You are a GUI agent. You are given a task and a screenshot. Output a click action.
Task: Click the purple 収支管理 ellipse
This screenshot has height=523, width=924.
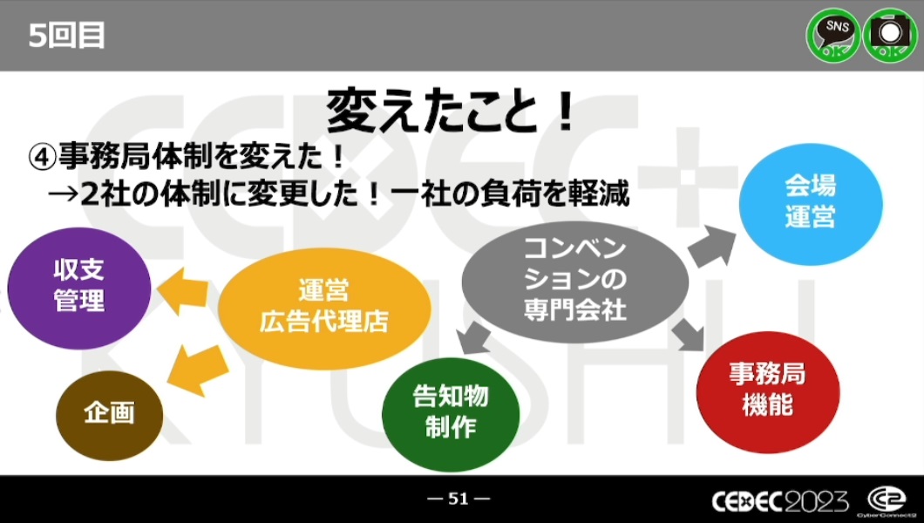click(79, 288)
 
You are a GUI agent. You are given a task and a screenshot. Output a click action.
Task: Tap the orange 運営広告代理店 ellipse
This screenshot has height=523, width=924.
click(324, 308)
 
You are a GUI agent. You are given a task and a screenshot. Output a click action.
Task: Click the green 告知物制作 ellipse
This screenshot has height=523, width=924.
click(451, 414)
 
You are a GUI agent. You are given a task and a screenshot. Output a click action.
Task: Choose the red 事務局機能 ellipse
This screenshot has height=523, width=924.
click(768, 391)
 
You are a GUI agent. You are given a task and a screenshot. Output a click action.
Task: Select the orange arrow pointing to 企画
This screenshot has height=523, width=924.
click(197, 370)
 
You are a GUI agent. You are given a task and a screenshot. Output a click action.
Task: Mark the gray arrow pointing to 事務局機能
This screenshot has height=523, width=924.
click(689, 335)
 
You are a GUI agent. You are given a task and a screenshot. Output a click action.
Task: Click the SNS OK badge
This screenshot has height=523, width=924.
click(832, 35)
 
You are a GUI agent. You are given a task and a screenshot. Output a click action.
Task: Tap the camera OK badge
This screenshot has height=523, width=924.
click(890, 35)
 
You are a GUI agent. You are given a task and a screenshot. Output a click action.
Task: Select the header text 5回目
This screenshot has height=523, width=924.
click(66, 36)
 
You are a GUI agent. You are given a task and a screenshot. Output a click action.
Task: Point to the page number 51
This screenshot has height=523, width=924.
click(459, 499)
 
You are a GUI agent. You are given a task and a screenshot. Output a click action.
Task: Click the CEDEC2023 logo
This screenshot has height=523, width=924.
click(780, 501)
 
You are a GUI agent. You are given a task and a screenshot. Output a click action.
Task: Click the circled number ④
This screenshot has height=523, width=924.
click(43, 158)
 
